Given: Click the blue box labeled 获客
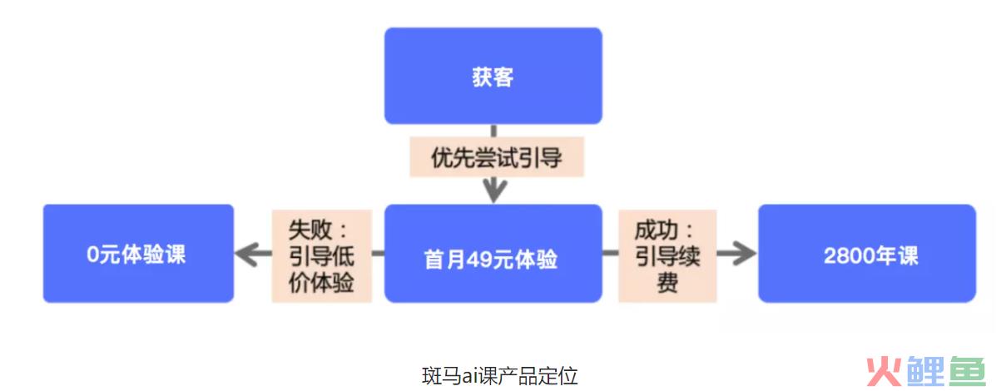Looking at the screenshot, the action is click(x=493, y=76).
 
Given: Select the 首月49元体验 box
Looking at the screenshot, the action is click(x=493, y=254).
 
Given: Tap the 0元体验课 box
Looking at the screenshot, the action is click(x=138, y=254).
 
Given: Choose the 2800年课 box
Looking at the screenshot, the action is click(x=867, y=254).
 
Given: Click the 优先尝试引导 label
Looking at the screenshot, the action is click(x=497, y=157).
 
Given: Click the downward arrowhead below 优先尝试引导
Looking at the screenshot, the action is click(x=494, y=191).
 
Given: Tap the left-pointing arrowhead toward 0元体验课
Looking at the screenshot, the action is click(x=247, y=254).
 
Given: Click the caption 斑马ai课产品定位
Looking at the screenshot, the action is click(x=499, y=376).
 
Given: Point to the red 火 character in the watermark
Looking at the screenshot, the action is click(x=884, y=371).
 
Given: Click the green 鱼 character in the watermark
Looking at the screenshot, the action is click(x=968, y=371).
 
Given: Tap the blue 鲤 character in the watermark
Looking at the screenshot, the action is click(x=925, y=371).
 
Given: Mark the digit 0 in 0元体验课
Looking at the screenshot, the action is click(x=93, y=255).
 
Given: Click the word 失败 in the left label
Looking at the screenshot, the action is click(x=310, y=230).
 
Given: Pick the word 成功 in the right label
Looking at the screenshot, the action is click(x=656, y=230).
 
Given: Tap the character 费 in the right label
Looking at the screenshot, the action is click(x=667, y=283).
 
